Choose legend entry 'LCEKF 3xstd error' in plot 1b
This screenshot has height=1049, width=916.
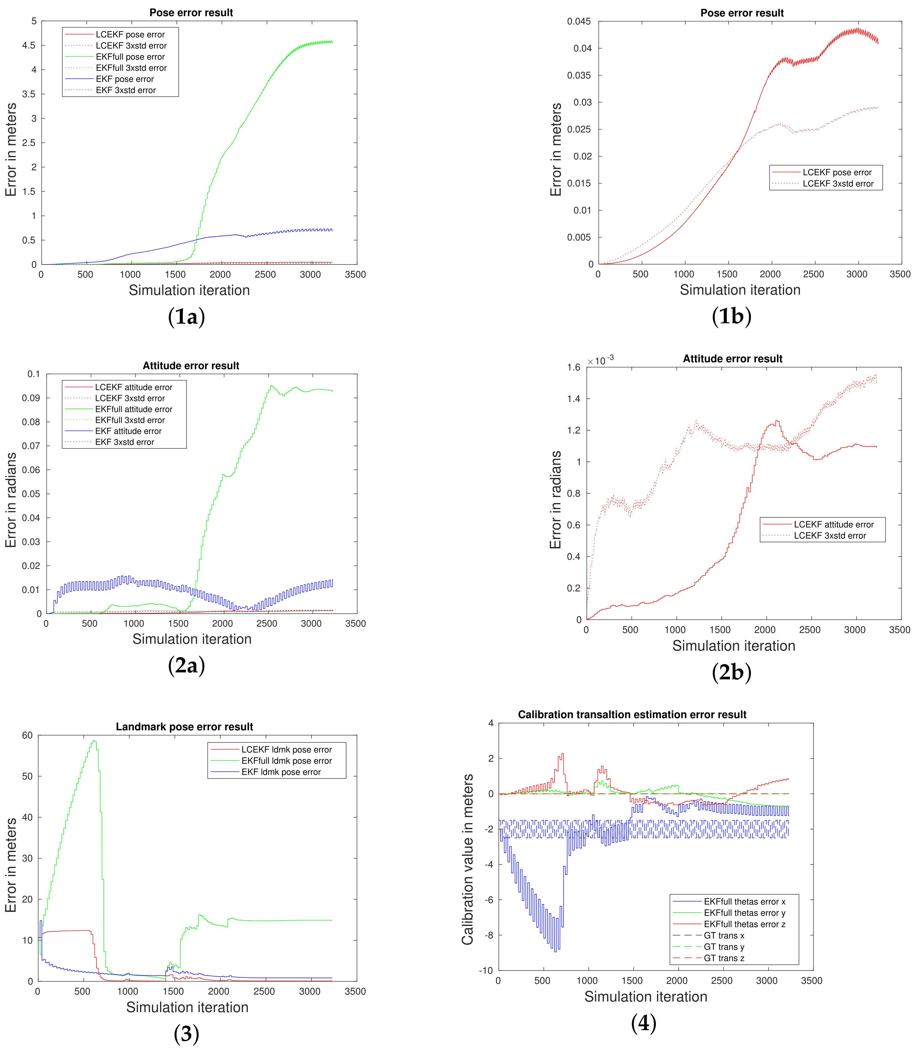838,184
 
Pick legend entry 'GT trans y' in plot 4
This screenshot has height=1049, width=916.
724,947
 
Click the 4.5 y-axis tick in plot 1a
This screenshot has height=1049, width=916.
29,46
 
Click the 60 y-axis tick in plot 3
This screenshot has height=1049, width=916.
27,735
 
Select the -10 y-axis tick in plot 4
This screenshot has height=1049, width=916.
485,970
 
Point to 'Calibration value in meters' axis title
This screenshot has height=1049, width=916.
467,859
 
